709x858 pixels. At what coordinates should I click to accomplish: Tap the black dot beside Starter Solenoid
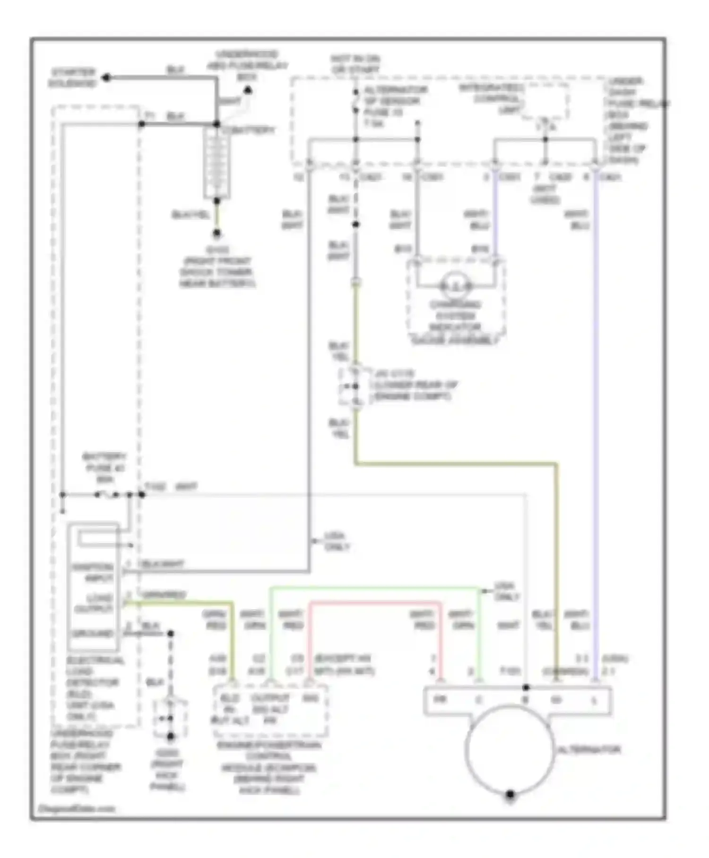coord(107,78)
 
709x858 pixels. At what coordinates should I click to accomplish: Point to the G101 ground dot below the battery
coord(216,233)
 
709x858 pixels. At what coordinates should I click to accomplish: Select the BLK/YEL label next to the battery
coord(190,215)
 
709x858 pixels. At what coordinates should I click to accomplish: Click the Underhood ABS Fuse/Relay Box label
coord(247,65)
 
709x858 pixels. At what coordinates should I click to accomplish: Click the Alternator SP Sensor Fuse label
coord(395,106)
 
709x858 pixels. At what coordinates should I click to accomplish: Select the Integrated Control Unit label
coord(491,98)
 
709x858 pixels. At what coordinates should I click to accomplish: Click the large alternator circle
coord(510,750)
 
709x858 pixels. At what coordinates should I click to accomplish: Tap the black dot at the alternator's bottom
coord(510,795)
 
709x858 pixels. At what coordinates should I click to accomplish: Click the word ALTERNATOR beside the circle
coord(589,750)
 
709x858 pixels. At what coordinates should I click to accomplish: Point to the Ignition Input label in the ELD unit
coord(93,572)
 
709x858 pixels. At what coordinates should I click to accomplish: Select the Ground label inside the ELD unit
coord(93,634)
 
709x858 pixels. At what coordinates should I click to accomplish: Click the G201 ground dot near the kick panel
coord(171,736)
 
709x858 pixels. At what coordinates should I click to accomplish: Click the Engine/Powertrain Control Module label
coord(268,767)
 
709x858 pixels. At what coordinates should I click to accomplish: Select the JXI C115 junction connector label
coord(415,385)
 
